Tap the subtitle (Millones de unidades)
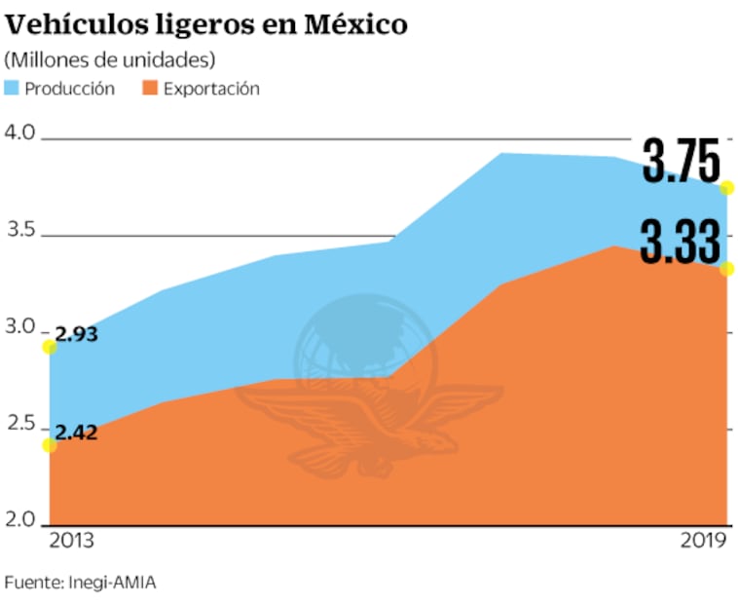click(x=110, y=59)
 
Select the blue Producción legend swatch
click(x=14, y=89)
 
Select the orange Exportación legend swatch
click(x=150, y=89)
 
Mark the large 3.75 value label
click(x=681, y=163)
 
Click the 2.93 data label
click(x=77, y=334)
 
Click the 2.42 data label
click(x=76, y=434)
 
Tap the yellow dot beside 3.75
click(x=726, y=188)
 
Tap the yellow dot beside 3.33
click(x=726, y=269)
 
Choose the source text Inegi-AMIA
click(x=112, y=582)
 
